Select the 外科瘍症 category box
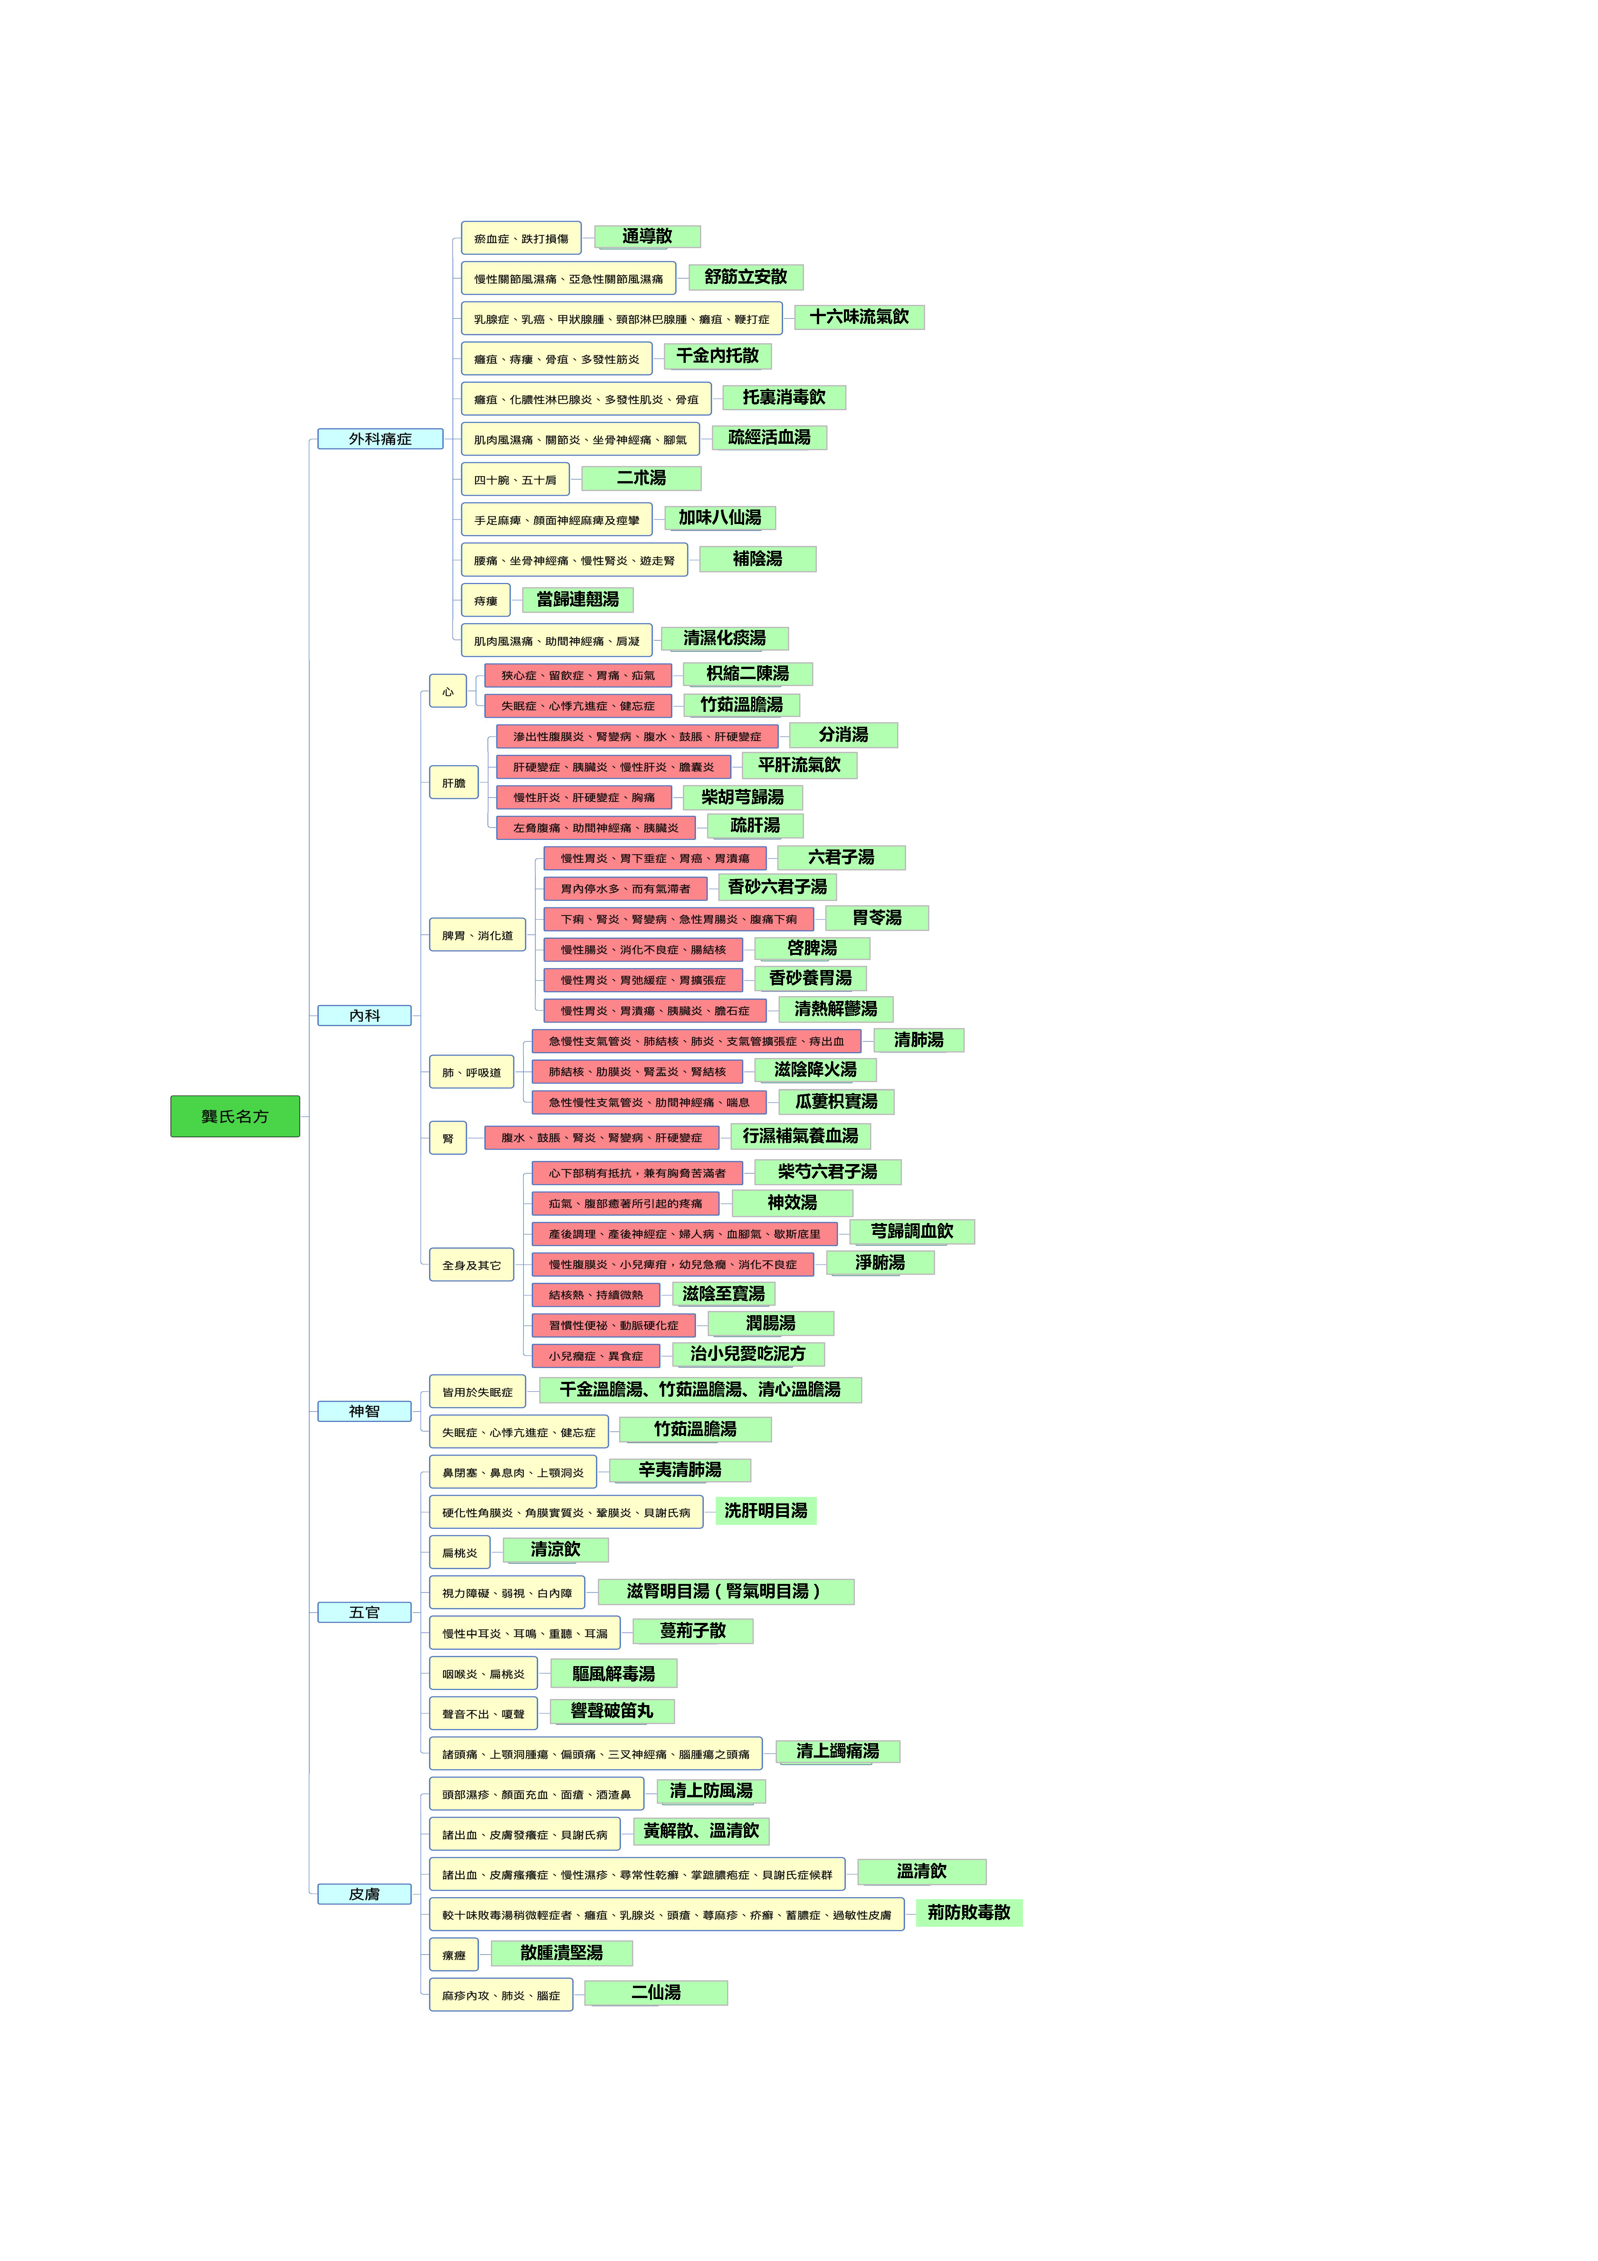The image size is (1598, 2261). pos(380,438)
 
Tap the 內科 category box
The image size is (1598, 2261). pos(364,1015)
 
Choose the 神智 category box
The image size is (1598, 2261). pos(364,1411)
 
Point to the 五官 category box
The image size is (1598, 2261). pos(364,1612)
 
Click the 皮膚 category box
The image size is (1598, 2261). pos(364,1894)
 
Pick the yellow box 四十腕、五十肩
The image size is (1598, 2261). pos(515,480)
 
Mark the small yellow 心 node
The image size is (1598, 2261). pos(448,691)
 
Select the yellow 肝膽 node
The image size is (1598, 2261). pos(454,783)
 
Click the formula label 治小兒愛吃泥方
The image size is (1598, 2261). pos(748,1354)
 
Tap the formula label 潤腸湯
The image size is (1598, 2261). pos(771,1324)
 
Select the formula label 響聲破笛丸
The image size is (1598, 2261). pos(612,1712)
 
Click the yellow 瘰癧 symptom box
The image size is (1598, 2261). pos(454,1955)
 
